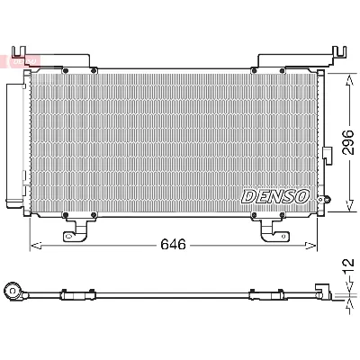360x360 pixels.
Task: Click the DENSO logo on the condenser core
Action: click(274, 195)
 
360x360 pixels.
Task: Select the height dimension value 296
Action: click(346, 142)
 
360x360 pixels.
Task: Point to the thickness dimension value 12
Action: click(347, 267)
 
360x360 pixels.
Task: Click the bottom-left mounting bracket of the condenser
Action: click(75, 232)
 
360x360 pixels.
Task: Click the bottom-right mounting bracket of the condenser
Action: click(274, 232)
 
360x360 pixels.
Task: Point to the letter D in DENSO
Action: click(246, 195)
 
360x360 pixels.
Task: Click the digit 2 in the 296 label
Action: click(346, 154)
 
